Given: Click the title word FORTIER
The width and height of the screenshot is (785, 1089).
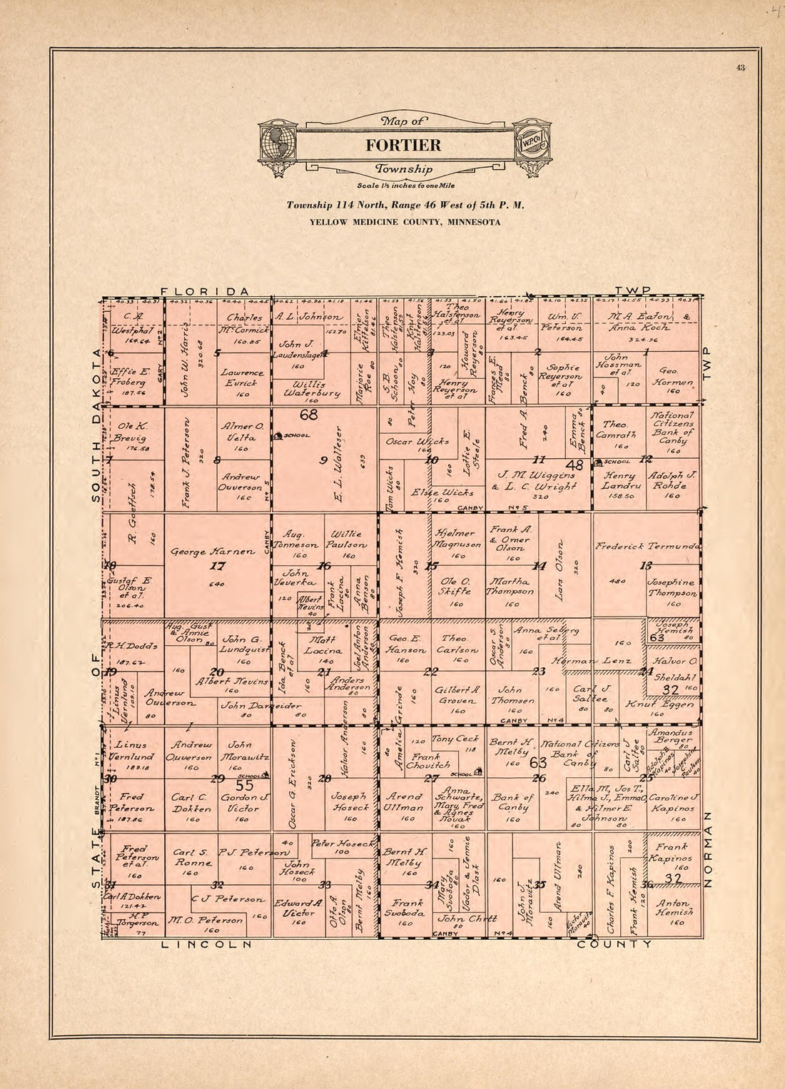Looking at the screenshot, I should (x=403, y=146).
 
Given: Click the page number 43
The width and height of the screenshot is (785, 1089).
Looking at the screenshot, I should (x=740, y=68).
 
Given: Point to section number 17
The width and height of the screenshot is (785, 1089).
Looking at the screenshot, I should (x=218, y=566).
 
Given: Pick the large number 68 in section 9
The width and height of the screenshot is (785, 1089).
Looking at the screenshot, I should (x=308, y=415).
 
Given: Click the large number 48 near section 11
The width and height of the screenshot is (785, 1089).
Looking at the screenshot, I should (x=574, y=465).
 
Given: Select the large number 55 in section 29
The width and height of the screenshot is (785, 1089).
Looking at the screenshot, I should (x=245, y=786).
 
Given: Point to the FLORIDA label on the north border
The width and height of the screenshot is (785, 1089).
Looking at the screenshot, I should (x=205, y=291).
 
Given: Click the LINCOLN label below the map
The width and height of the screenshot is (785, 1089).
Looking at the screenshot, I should (x=207, y=944).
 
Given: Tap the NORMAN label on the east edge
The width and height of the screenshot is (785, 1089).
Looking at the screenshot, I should (x=708, y=849).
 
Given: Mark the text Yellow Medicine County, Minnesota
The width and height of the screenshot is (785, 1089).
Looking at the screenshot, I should (x=405, y=222).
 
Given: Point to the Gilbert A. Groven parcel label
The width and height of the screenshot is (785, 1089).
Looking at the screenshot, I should (x=457, y=696).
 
